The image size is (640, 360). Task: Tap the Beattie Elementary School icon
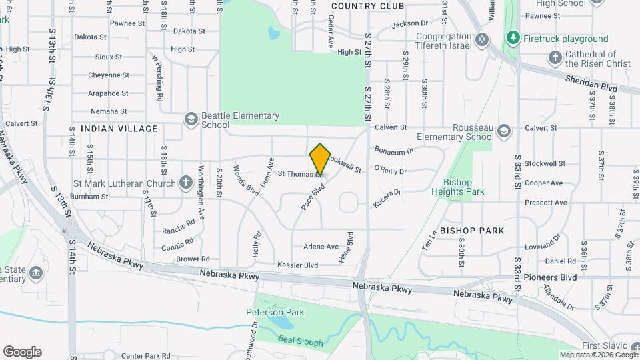(191, 118)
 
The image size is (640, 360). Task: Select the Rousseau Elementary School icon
(504, 131)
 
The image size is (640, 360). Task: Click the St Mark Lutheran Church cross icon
(185, 183)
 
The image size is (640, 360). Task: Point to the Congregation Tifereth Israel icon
(482, 41)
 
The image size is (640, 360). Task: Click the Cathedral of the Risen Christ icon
(554, 57)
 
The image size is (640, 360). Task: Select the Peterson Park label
(275, 311)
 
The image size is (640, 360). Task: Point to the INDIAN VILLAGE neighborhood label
(119, 129)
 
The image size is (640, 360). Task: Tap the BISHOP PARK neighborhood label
(471, 230)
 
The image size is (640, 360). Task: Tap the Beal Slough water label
(301, 343)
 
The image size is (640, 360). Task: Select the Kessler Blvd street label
(297, 265)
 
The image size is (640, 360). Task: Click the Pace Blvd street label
(312, 197)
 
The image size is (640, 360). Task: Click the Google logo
(22, 351)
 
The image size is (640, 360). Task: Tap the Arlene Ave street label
(321, 246)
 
